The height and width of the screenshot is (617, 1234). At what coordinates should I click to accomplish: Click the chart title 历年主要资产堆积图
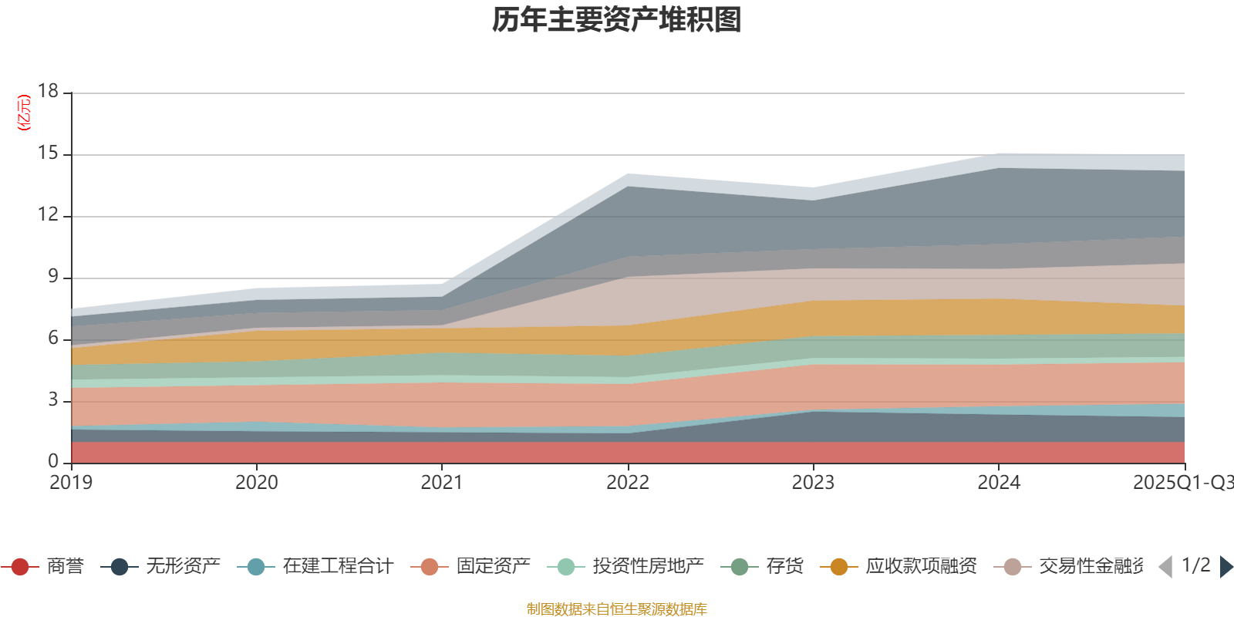(x=617, y=20)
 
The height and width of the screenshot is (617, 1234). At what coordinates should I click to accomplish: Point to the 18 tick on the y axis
(x=48, y=91)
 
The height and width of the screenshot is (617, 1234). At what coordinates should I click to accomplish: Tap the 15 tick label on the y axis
(x=48, y=153)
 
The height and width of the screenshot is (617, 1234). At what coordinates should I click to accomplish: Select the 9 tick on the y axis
(x=52, y=276)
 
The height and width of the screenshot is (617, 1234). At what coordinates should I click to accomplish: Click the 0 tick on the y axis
(x=52, y=461)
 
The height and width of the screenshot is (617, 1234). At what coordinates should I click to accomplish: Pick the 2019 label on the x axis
(x=71, y=483)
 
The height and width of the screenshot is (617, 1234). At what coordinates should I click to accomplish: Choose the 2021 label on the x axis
(x=442, y=483)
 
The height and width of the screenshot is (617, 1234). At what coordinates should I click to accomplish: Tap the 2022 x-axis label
(x=628, y=483)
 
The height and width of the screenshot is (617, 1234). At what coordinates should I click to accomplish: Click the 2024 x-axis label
(x=999, y=483)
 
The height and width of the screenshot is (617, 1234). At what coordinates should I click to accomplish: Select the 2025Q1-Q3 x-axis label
(x=1182, y=483)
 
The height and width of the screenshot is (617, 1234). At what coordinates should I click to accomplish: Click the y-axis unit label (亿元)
(x=24, y=113)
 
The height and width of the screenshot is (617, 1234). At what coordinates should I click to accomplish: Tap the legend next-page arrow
(x=1226, y=567)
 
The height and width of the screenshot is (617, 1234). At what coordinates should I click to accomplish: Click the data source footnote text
(x=617, y=609)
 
